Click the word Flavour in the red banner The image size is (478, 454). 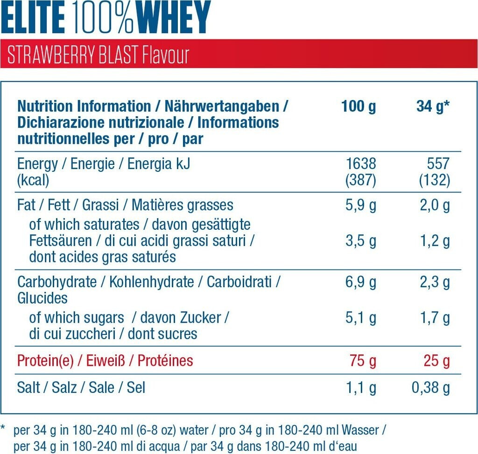tap(165, 55)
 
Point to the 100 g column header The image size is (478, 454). tap(358, 106)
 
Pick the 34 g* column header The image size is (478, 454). tap(433, 106)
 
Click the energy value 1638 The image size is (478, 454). tap(360, 164)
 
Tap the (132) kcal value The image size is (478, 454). tap(434, 180)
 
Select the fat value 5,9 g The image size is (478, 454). tap(360, 205)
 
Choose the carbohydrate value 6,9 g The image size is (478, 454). tap(360, 282)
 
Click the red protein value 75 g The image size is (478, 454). tap(363, 361)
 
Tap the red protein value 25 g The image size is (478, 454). tap(436, 361)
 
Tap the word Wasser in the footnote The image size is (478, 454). tap(361, 429)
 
